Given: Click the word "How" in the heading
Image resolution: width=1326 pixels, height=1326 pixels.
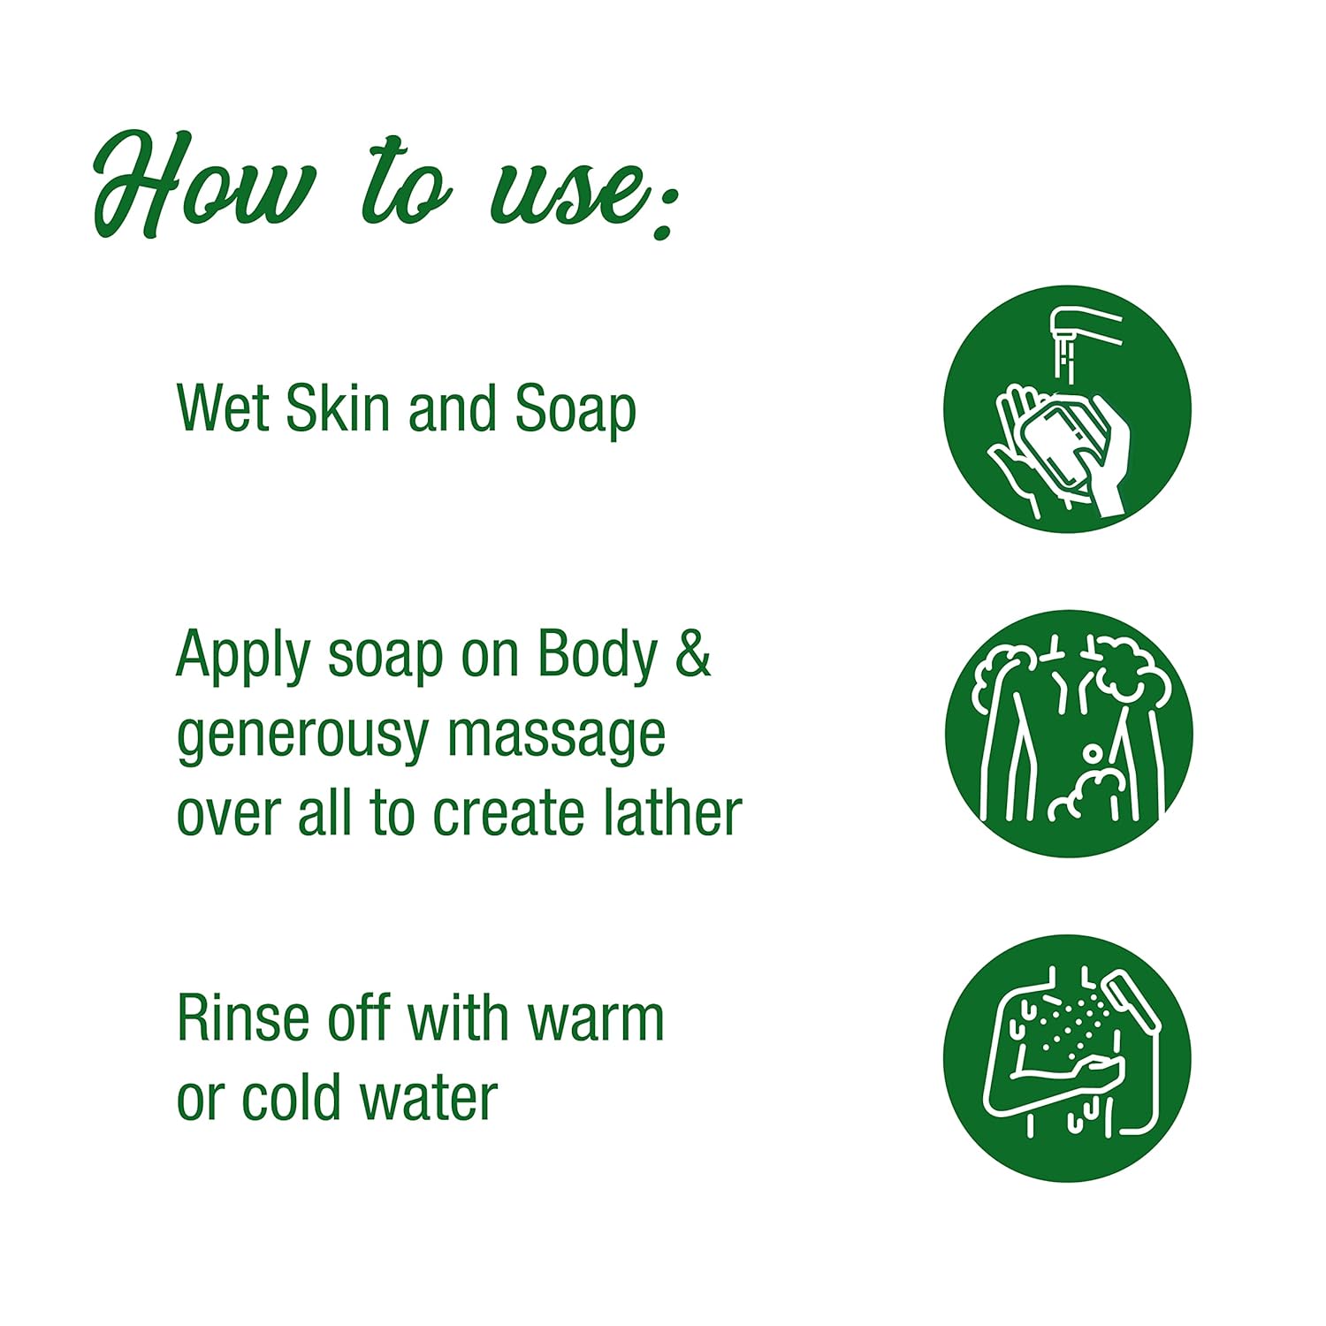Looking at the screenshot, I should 203,186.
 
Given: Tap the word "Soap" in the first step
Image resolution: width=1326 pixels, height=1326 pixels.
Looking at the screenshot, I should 575,411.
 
